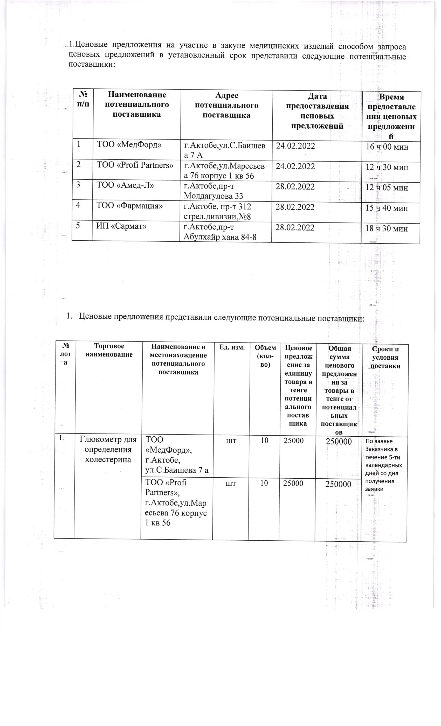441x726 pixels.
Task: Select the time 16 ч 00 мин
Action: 387,147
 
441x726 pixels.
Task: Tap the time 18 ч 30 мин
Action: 386,228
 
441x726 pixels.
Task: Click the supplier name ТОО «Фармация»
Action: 129,206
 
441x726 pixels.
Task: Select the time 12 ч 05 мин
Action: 387,188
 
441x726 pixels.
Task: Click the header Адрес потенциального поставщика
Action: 226,105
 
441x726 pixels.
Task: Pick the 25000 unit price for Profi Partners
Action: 293,483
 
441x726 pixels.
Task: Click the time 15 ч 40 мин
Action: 387,208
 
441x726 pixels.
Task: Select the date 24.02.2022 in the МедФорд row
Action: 295,146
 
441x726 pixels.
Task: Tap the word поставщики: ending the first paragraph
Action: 91,64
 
